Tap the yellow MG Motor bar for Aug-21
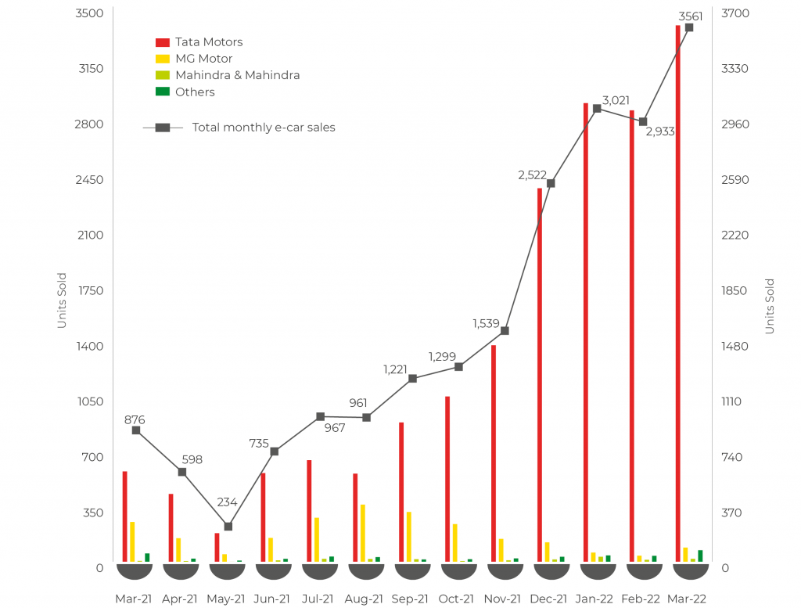pos(362,533)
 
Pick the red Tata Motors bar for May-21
pos(217,547)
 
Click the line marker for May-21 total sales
pos(228,527)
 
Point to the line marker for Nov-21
pos(505,331)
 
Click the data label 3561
pos(691,16)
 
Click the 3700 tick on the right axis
pos(735,13)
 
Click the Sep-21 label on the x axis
pos(410,599)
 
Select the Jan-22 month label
pos(594,599)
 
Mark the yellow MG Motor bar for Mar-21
pos(132,541)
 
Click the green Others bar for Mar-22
pos(700,556)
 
